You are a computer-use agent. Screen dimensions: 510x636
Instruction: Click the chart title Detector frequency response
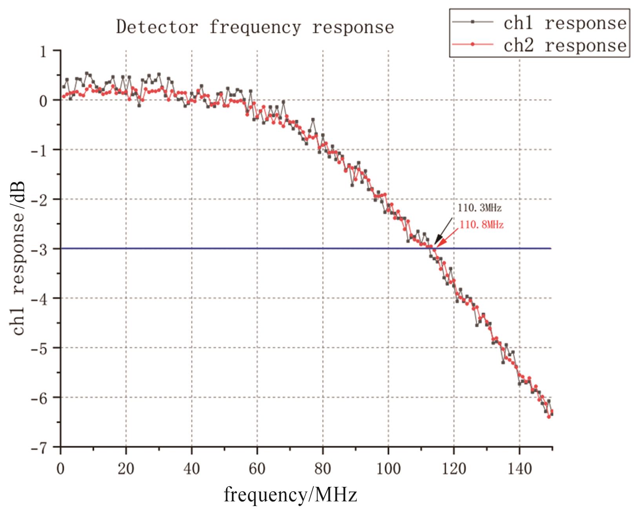[x=255, y=27]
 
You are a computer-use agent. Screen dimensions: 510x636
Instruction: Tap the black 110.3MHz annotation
[x=479, y=207]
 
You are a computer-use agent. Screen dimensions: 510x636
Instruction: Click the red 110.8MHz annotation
[x=481, y=225]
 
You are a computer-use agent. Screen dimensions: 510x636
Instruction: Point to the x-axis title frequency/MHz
[x=290, y=494]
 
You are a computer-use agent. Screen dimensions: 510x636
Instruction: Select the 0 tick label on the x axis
[x=60, y=468]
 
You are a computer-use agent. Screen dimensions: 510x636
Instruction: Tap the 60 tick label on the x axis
[x=257, y=468]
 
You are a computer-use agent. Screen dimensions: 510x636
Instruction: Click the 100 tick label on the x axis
[x=388, y=468]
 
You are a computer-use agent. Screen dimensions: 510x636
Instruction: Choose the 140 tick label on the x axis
[x=519, y=468]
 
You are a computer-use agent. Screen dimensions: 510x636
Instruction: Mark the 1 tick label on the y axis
[x=43, y=51]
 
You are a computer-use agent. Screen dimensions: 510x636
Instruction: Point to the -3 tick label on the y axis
[x=39, y=249]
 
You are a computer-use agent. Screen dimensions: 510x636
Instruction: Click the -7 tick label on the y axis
[x=39, y=447]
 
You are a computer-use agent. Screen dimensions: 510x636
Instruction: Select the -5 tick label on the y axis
[x=39, y=348]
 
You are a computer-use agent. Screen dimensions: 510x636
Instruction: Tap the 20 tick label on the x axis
[x=126, y=468]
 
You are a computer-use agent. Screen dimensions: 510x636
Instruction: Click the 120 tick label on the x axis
[x=454, y=468]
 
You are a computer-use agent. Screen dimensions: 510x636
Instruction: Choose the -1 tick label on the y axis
[x=39, y=150]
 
